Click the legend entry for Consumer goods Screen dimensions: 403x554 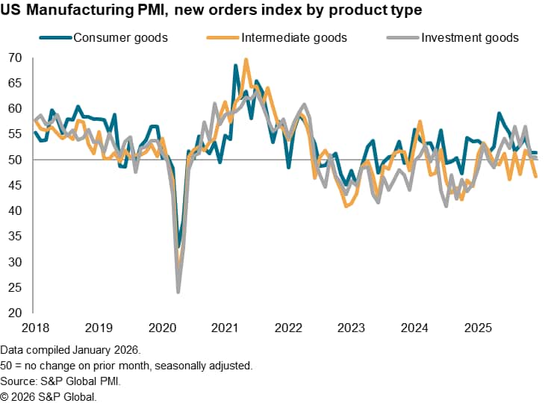coord(120,37)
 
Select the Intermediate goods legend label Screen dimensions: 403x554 coord(293,37)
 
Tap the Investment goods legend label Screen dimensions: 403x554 coord(470,37)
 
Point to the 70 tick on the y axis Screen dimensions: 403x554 coord(16,57)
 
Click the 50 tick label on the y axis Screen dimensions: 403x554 coord(16,160)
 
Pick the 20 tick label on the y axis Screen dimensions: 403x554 coord(16,312)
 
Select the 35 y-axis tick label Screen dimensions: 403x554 coord(16,236)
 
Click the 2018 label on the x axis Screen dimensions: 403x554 coord(34,328)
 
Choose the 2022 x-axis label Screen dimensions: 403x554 coord(288,328)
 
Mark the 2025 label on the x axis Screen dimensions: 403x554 coord(476,328)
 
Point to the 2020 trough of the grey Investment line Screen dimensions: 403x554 coord(178,292)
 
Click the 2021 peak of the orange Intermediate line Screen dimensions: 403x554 coord(246,60)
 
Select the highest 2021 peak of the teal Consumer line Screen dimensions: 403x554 coord(236,66)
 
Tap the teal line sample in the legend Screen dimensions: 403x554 coord(55,37)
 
